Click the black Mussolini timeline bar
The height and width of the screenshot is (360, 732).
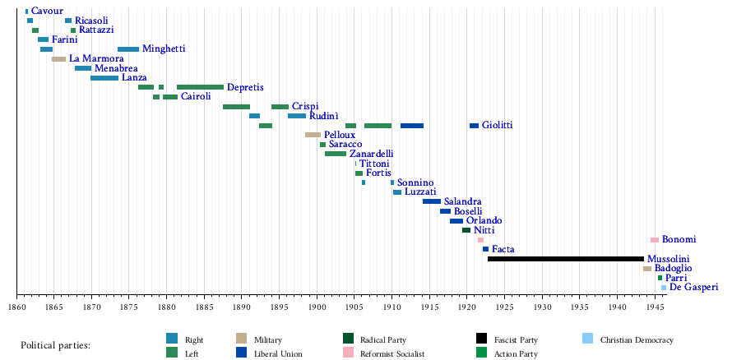[x=565, y=259]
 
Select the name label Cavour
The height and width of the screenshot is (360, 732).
[x=47, y=11]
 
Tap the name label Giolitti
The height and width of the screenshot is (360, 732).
[x=497, y=125]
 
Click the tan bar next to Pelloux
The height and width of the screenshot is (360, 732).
[x=313, y=135]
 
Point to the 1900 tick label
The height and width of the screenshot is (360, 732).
[x=317, y=307]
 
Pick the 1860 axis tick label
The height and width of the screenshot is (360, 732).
[x=16, y=307]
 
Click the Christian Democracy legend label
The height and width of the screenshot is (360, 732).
[x=637, y=339]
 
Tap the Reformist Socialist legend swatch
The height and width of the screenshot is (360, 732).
[x=349, y=353]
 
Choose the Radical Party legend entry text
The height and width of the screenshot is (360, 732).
[x=384, y=339]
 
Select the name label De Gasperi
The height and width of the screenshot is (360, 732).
[x=693, y=287]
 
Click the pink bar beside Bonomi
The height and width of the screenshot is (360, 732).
[x=655, y=240]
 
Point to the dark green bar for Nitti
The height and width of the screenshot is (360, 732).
[x=466, y=230]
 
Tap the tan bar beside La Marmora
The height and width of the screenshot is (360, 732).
[x=58, y=59]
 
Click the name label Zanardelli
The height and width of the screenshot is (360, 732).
[x=371, y=154]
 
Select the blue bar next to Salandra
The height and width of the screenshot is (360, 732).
[x=431, y=201]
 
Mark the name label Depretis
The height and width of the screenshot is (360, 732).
[x=245, y=87]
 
